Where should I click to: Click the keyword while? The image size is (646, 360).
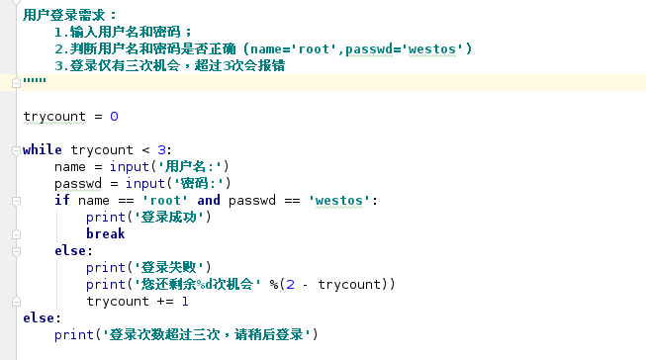pyautogui.click(x=42, y=150)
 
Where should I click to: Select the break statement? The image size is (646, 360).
pyautogui.click(x=105, y=233)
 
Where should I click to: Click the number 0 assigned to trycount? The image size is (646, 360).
pyautogui.click(x=114, y=116)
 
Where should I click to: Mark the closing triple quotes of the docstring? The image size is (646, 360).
pyautogui.click(x=34, y=82)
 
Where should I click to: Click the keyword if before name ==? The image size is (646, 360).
pyautogui.click(x=61, y=200)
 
